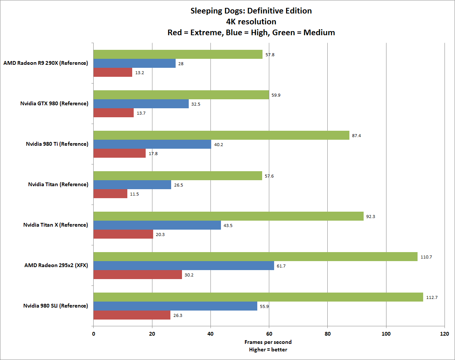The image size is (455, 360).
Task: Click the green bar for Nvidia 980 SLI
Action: click(258, 297)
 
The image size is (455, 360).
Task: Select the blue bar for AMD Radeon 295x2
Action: click(183, 266)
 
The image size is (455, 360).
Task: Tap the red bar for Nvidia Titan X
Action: click(123, 234)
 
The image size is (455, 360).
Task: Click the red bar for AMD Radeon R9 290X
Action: click(113, 72)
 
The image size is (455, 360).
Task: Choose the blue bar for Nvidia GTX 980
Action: click(141, 104)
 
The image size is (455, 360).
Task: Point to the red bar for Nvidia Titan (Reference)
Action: click(110, 194)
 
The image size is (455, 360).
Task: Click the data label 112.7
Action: click(432, 297)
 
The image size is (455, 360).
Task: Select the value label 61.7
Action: click(281, 266)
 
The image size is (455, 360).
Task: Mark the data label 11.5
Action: click(134, 194)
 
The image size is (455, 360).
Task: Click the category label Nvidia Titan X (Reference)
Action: click(55, 225)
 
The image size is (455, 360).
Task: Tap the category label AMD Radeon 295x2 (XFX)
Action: click(56, 265)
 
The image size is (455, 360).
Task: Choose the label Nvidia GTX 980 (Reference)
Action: click(54, 103)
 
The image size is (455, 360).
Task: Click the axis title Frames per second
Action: click(268, 342)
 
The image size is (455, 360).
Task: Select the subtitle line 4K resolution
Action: click(251, 22)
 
